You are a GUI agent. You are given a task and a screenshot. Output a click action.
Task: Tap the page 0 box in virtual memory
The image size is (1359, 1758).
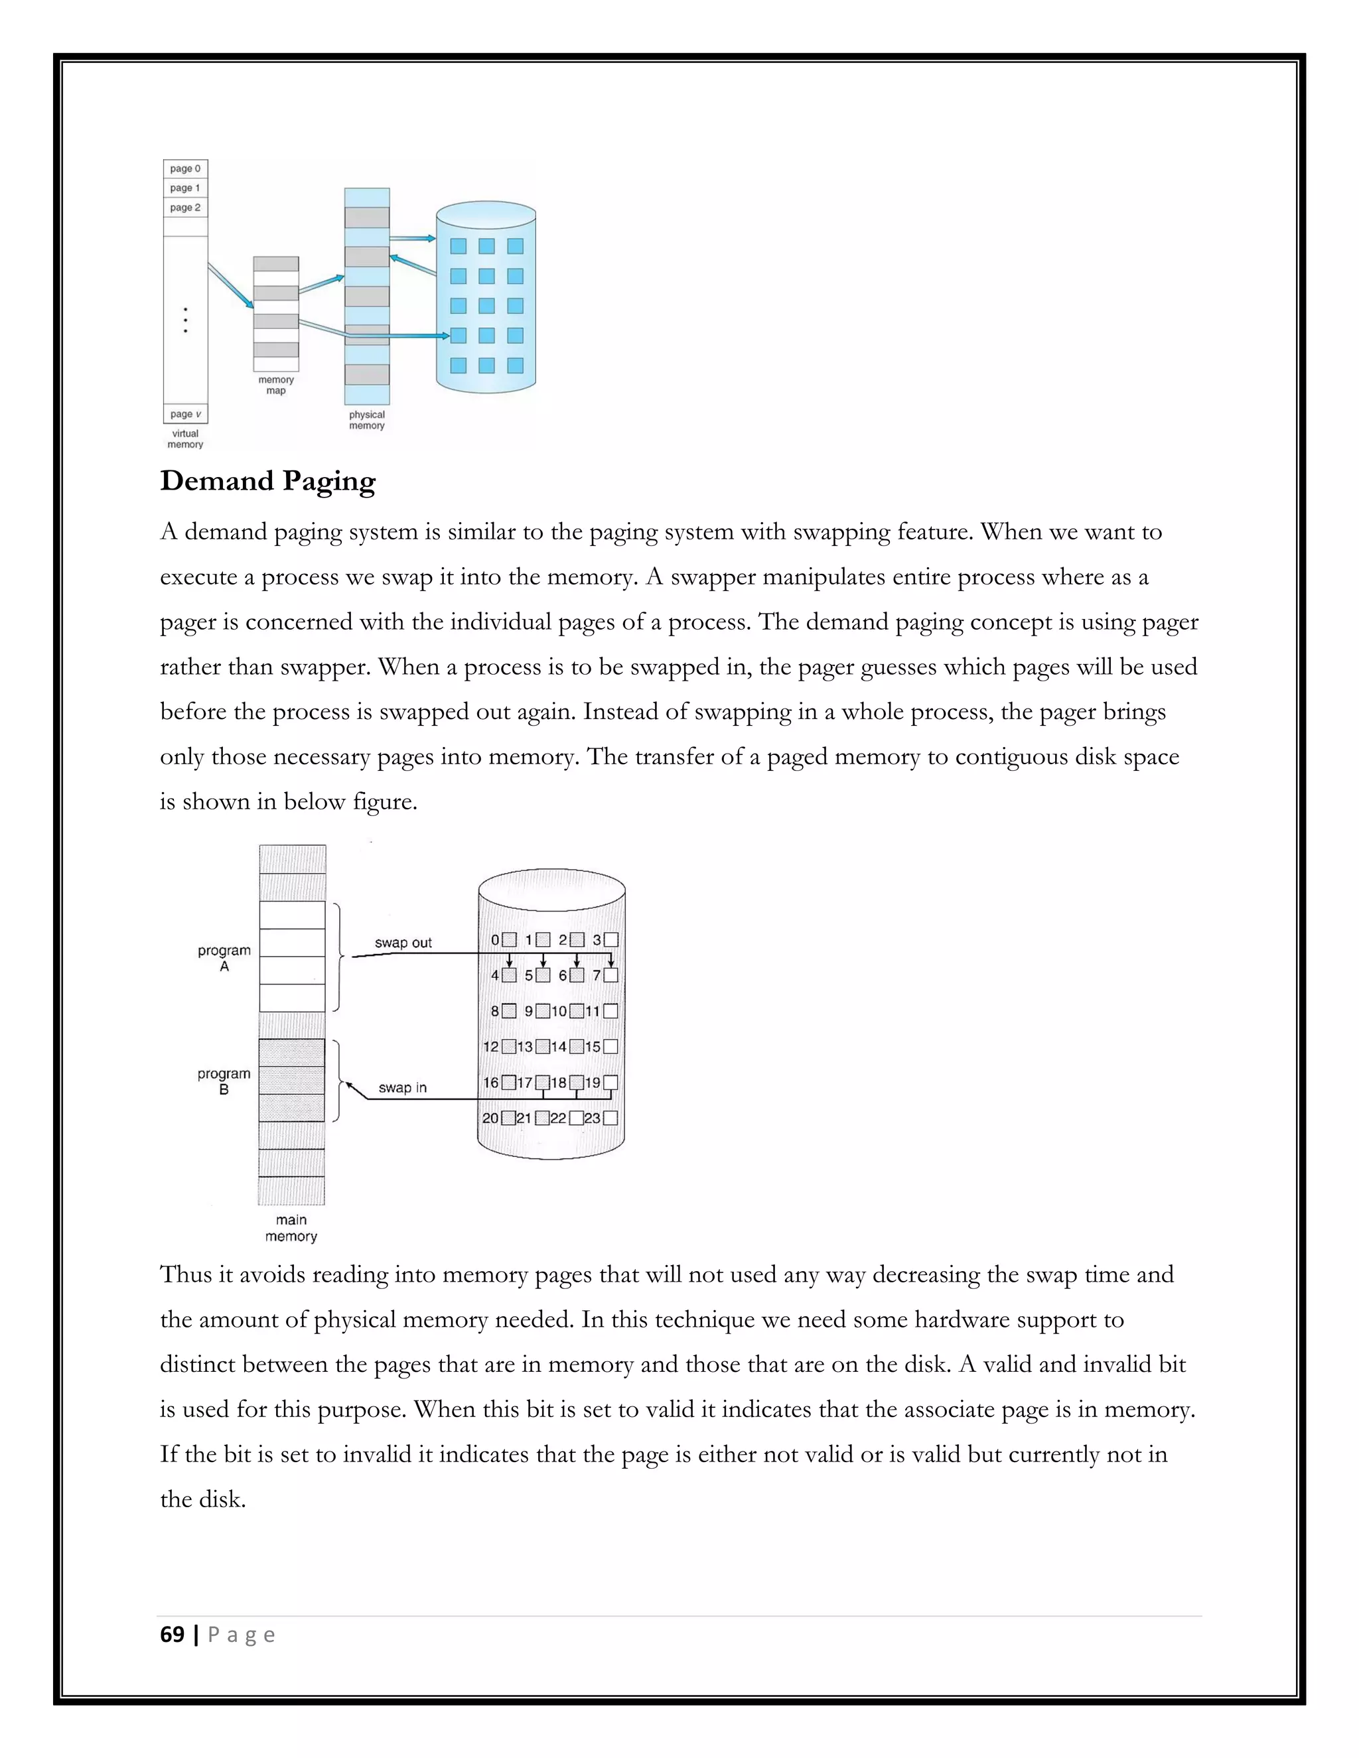(185, 169)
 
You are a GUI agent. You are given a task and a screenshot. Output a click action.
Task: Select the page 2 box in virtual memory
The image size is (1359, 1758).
(185, 208)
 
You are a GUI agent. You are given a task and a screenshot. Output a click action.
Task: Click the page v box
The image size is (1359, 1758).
(185, 414)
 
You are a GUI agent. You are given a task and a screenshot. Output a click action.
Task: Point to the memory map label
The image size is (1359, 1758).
(276, 385)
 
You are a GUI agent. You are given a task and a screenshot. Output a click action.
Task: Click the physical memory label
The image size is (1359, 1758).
(366, 420)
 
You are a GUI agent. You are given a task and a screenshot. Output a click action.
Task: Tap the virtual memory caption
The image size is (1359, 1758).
(185, 439)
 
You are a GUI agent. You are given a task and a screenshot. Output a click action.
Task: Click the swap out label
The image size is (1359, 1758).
(403, 943)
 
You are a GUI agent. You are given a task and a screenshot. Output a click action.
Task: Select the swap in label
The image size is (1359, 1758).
(403, 1087)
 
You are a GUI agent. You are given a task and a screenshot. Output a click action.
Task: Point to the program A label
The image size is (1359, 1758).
(224, 958)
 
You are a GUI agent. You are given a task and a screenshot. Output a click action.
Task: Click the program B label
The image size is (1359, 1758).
(224, 1081)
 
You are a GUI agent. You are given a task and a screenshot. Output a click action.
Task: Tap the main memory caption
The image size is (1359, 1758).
(291, 1227)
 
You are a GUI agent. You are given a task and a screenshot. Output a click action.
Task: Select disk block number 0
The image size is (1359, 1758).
(509, 939)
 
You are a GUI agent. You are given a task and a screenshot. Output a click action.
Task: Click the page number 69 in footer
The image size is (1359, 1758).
(173, 1635)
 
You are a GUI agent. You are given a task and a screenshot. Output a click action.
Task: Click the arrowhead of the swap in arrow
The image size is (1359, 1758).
(350, 1086)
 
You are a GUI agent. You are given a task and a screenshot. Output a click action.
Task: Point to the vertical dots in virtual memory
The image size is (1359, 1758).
(185, 320)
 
